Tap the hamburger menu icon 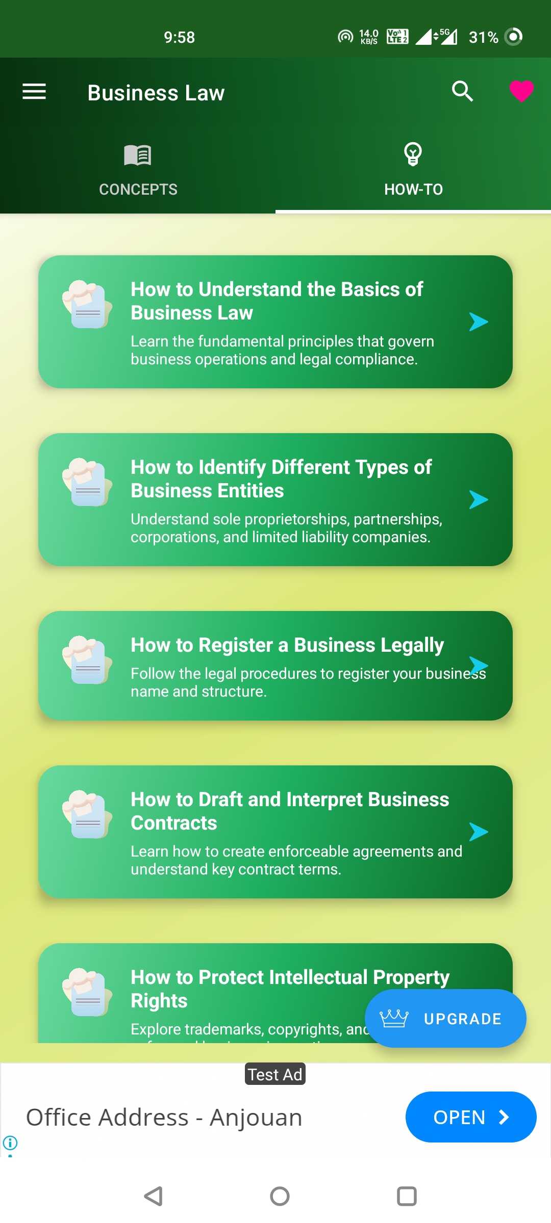coord(34,92)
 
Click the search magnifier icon coord(462,92)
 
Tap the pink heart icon coord(521,92)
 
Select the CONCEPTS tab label coord(138,190)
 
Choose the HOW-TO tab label coord(413,190)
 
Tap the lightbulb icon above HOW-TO coord(413,154)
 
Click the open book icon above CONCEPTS coord(138,155)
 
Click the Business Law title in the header coord(156,93)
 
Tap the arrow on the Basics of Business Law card coord(479,322)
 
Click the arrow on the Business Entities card coord(479,500)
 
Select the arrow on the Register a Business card coord(479,665)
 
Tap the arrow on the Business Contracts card coord(479,832)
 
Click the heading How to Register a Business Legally coord(287,645)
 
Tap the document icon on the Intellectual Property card coord(87,992)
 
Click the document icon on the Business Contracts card coord(87,814)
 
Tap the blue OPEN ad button coord(470,1117)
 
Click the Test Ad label coord(275,1074)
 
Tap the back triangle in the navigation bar coord(153,1196)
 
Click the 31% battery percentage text coord(483,37)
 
